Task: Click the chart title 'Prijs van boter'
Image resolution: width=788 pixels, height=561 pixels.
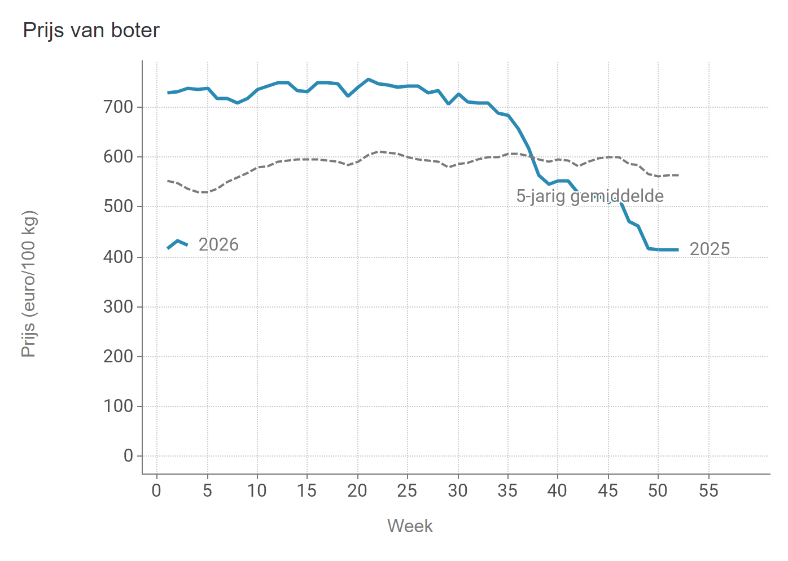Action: [x=91, y=30]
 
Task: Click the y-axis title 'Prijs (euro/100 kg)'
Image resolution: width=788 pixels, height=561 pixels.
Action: [x=29, y=284]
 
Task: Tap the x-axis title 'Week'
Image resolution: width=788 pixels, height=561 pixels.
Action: [x=410, y=526]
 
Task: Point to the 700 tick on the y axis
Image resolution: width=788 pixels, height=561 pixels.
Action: [x=118, y=107]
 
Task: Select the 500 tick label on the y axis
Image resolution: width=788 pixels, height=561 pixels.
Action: [x=118, y=207]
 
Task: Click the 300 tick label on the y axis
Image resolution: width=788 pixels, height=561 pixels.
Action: [x=118, y=306]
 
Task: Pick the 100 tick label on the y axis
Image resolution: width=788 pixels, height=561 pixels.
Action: [x=118, y=406]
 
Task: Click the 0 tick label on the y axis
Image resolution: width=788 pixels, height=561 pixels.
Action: [x=128, y=456]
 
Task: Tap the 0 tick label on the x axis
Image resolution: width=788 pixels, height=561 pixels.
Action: [x=157, y=490]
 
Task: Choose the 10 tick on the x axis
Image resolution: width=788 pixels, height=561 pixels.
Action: [x=257, y=490]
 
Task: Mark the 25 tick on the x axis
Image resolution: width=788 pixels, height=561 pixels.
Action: [x=407, y=490]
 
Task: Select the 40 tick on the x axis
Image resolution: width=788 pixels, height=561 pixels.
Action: [x=557, y=490]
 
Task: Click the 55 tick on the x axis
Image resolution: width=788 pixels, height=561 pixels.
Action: [x=708, y=490]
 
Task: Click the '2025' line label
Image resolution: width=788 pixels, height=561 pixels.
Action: [x=710, y=249]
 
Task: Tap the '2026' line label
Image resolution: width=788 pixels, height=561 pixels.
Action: [x=218, y=244]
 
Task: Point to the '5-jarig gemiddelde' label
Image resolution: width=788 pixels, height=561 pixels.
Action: [x=590, y=196]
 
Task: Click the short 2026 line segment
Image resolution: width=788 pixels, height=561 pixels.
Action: [x=178, y=243]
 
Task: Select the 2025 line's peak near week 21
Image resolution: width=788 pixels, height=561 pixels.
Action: [x=368, y=80]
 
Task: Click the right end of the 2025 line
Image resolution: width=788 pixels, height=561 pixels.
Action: [x=677, y=249]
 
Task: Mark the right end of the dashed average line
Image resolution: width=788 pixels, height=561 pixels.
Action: [x=677, y=175]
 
